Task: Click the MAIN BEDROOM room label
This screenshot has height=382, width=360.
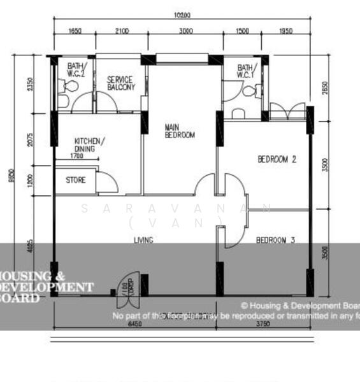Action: tap(180, 131)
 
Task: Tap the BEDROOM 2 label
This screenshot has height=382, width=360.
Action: tap(277, 160)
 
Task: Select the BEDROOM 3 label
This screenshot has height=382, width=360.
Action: tap(276, 240)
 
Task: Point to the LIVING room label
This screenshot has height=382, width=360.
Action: tap(143, 240)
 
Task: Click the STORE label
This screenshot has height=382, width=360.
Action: tap(75, 180)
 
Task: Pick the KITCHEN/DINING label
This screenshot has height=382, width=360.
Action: tap(90, 145)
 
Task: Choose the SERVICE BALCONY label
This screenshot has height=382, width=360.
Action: tap(120, 83)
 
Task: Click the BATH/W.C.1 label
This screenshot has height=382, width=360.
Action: tap(245, 71)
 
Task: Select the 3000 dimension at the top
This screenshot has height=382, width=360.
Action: tap(186, 31)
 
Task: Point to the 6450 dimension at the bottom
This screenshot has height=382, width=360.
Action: tap(135, 323)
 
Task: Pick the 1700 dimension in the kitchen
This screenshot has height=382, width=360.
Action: tap(76, 155)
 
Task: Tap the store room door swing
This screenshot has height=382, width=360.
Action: tap(107, 182)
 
